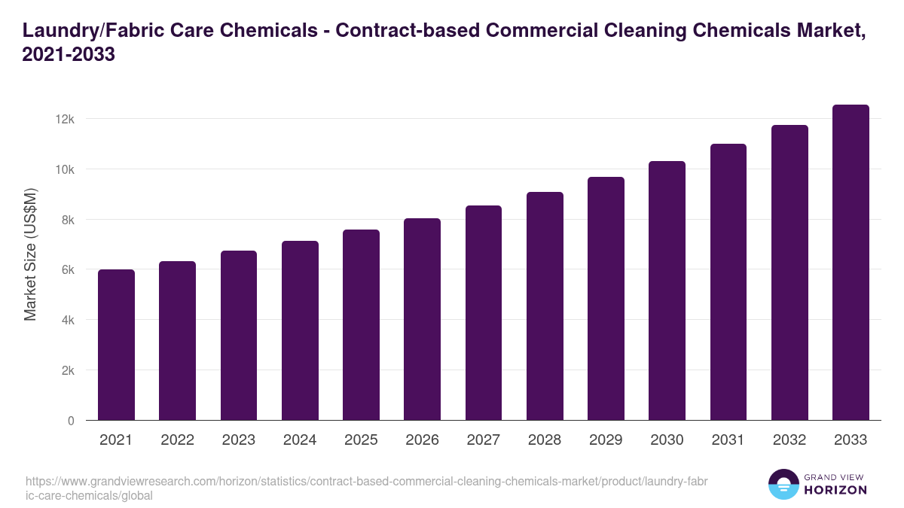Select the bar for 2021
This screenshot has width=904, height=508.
tap(116, 345)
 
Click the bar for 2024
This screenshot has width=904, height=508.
tap(300, 331)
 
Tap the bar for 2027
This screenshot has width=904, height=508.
tap(484, 313)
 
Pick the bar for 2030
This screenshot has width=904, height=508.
tap(667, 291)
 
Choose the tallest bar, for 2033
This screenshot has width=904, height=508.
tap(851, 263)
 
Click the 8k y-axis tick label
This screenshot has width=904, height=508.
tap(66, 220)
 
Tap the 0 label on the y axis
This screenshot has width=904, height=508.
tap(71, 421)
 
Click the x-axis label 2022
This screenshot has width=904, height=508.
tap(177, 440)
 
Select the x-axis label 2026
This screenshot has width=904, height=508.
tap(422, 440)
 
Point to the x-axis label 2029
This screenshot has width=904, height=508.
tap(606, 440)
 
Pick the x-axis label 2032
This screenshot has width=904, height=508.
tap(789, 440)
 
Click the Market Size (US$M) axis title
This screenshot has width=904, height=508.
tap(30, 255)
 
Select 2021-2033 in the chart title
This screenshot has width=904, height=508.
tap(69, 55)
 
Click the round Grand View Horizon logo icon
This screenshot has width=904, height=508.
tap(783, 485)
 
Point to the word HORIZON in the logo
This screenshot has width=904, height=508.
tap(836, 490)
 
